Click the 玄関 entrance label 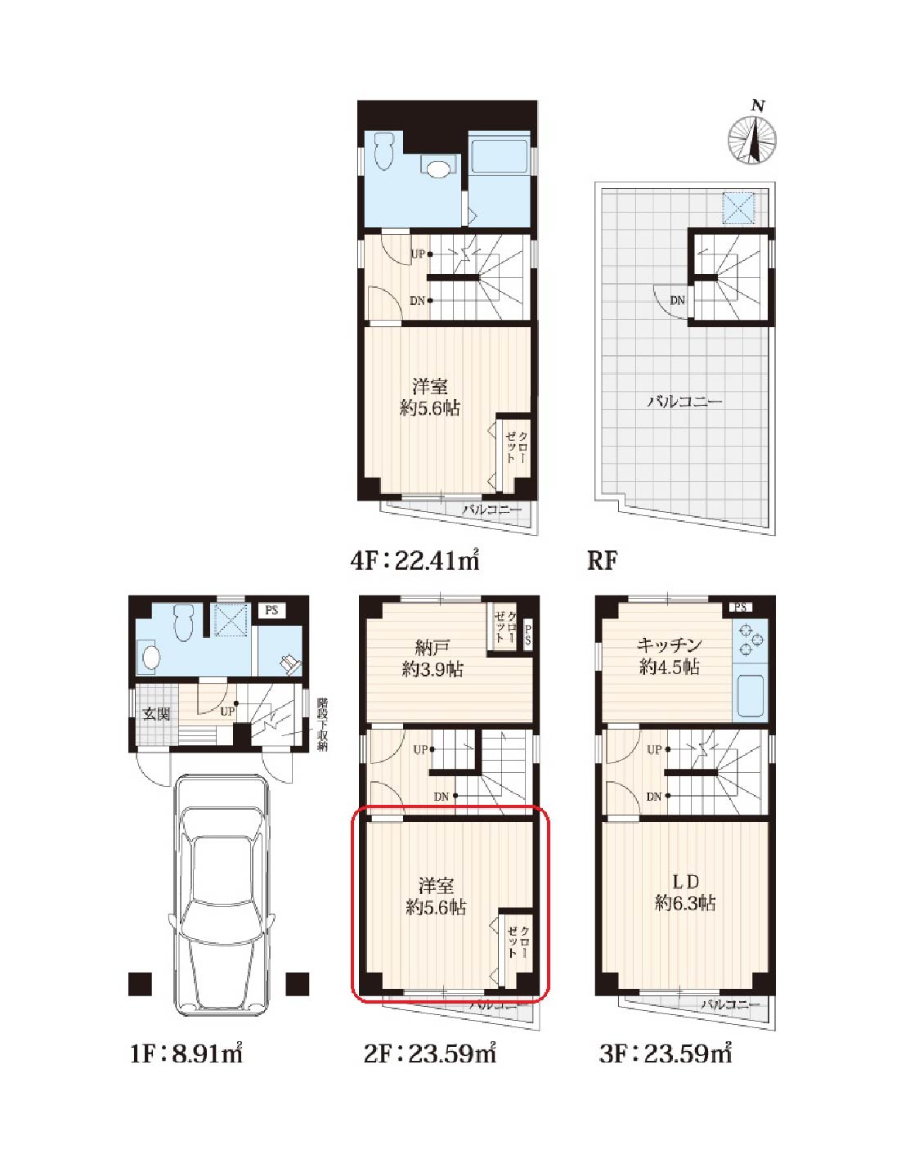(156, 714)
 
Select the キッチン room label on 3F (669, 645)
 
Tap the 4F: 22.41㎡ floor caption (415, 560)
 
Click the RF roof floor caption (602, 560)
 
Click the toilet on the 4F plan (383, 150)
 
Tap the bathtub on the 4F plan (499, 151)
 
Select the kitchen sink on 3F (750, 695)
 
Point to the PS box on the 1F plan (271, 609)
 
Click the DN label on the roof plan (677, 300)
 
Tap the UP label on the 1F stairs (227, 711)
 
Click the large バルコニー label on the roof (685, 401)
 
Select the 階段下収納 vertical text (322, 724)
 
